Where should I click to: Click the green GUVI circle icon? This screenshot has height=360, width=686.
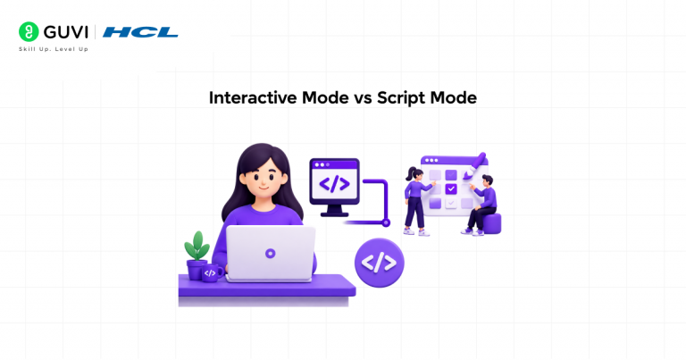29,31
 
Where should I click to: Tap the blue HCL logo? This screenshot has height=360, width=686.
140,32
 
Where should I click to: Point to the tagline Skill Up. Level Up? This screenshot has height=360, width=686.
54,49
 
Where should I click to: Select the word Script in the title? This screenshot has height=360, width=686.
401,98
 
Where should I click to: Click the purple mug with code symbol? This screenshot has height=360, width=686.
213,273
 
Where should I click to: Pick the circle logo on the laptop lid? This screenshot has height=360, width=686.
271,254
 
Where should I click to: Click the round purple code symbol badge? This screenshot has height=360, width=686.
380,263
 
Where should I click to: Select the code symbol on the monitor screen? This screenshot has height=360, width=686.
334,184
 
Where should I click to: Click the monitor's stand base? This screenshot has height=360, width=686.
335,213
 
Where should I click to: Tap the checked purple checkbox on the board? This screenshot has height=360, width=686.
451,189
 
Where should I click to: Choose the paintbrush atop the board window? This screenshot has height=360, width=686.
475,165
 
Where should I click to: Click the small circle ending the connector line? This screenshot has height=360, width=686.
386,222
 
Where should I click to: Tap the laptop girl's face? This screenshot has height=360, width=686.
264,179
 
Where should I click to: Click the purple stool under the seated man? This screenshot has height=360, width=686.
491,223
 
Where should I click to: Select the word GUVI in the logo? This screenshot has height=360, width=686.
65,32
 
